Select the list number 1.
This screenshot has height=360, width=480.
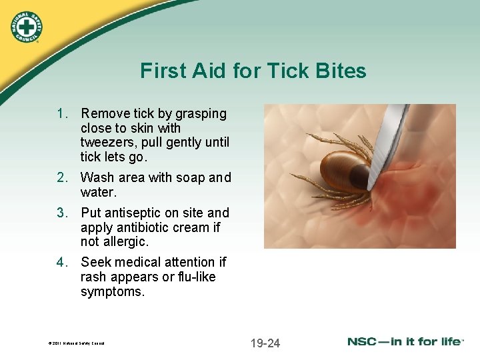point(62,114)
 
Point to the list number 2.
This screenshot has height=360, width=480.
point(62,177)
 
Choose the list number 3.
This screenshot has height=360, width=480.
point(62,213)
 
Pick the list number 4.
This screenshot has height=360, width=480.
point(62,262)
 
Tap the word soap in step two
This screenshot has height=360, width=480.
point(190,177)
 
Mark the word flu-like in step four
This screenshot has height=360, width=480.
point(193,276)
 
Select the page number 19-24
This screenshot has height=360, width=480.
point(265,343)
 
